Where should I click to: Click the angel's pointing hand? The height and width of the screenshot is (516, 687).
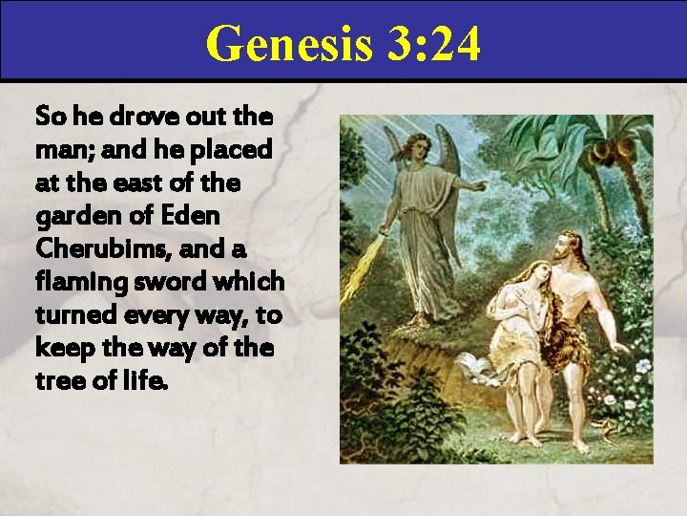[478, 183]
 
